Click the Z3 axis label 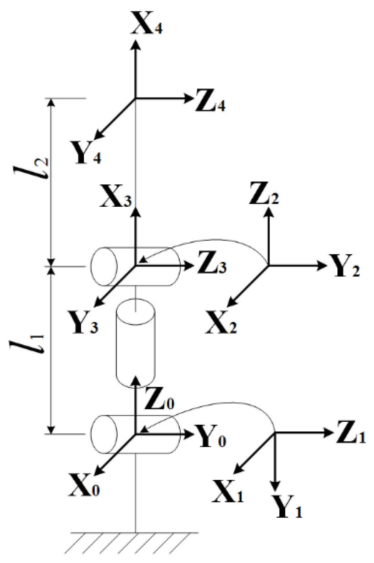[x=212, y=267]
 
